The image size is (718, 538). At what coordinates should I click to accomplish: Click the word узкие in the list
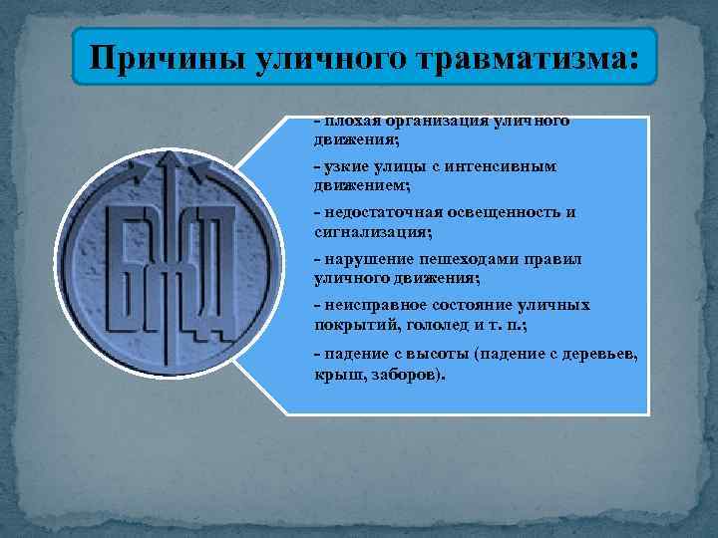pos(340,167)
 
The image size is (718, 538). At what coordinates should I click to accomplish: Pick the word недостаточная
pos(370,213)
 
